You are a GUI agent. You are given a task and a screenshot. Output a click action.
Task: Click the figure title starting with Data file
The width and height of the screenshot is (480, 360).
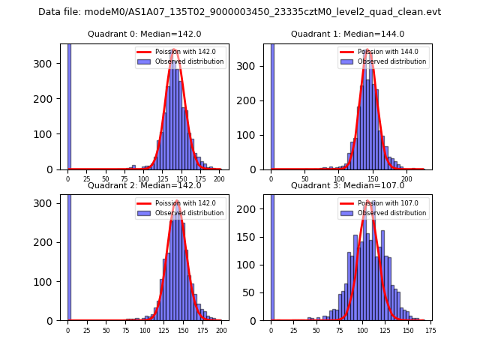coord(239,12)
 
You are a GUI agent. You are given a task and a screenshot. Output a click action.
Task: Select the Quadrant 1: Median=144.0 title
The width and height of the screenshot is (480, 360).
coord(347,34)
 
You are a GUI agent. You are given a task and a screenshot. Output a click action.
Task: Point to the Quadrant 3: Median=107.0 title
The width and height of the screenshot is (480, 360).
coord(347,185)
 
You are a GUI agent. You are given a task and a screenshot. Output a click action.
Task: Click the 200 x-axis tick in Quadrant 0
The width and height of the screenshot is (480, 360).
coord(219,179)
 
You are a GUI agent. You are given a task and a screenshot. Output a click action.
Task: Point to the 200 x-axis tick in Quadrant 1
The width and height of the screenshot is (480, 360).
coord(407,179)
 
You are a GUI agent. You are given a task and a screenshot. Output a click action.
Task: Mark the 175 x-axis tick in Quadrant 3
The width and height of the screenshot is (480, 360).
coord(430,330)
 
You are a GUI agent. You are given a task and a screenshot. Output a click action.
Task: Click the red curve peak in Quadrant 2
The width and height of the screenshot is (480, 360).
coord(176,202)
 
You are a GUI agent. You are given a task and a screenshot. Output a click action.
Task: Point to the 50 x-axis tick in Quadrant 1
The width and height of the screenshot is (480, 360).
coord(305,179)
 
